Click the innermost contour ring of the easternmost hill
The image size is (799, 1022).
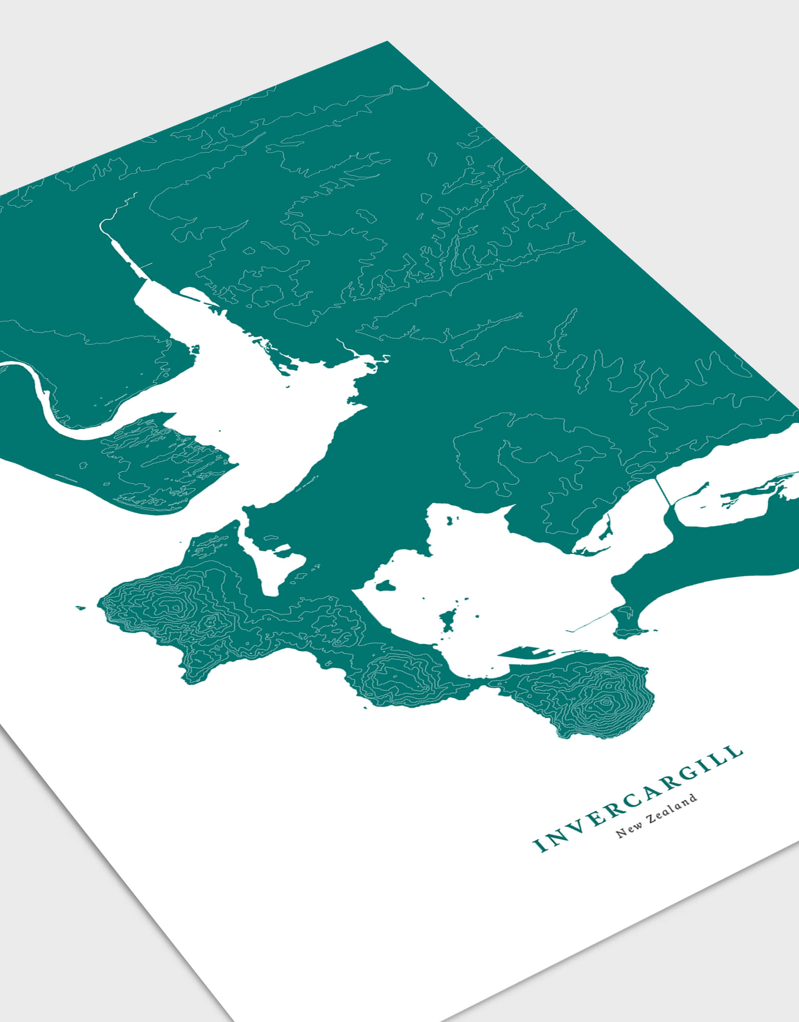point(606,702)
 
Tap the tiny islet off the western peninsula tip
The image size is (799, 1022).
point(81,608)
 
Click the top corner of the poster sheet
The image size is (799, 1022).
point(387,42)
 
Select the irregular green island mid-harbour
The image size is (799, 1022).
point(448,620)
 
